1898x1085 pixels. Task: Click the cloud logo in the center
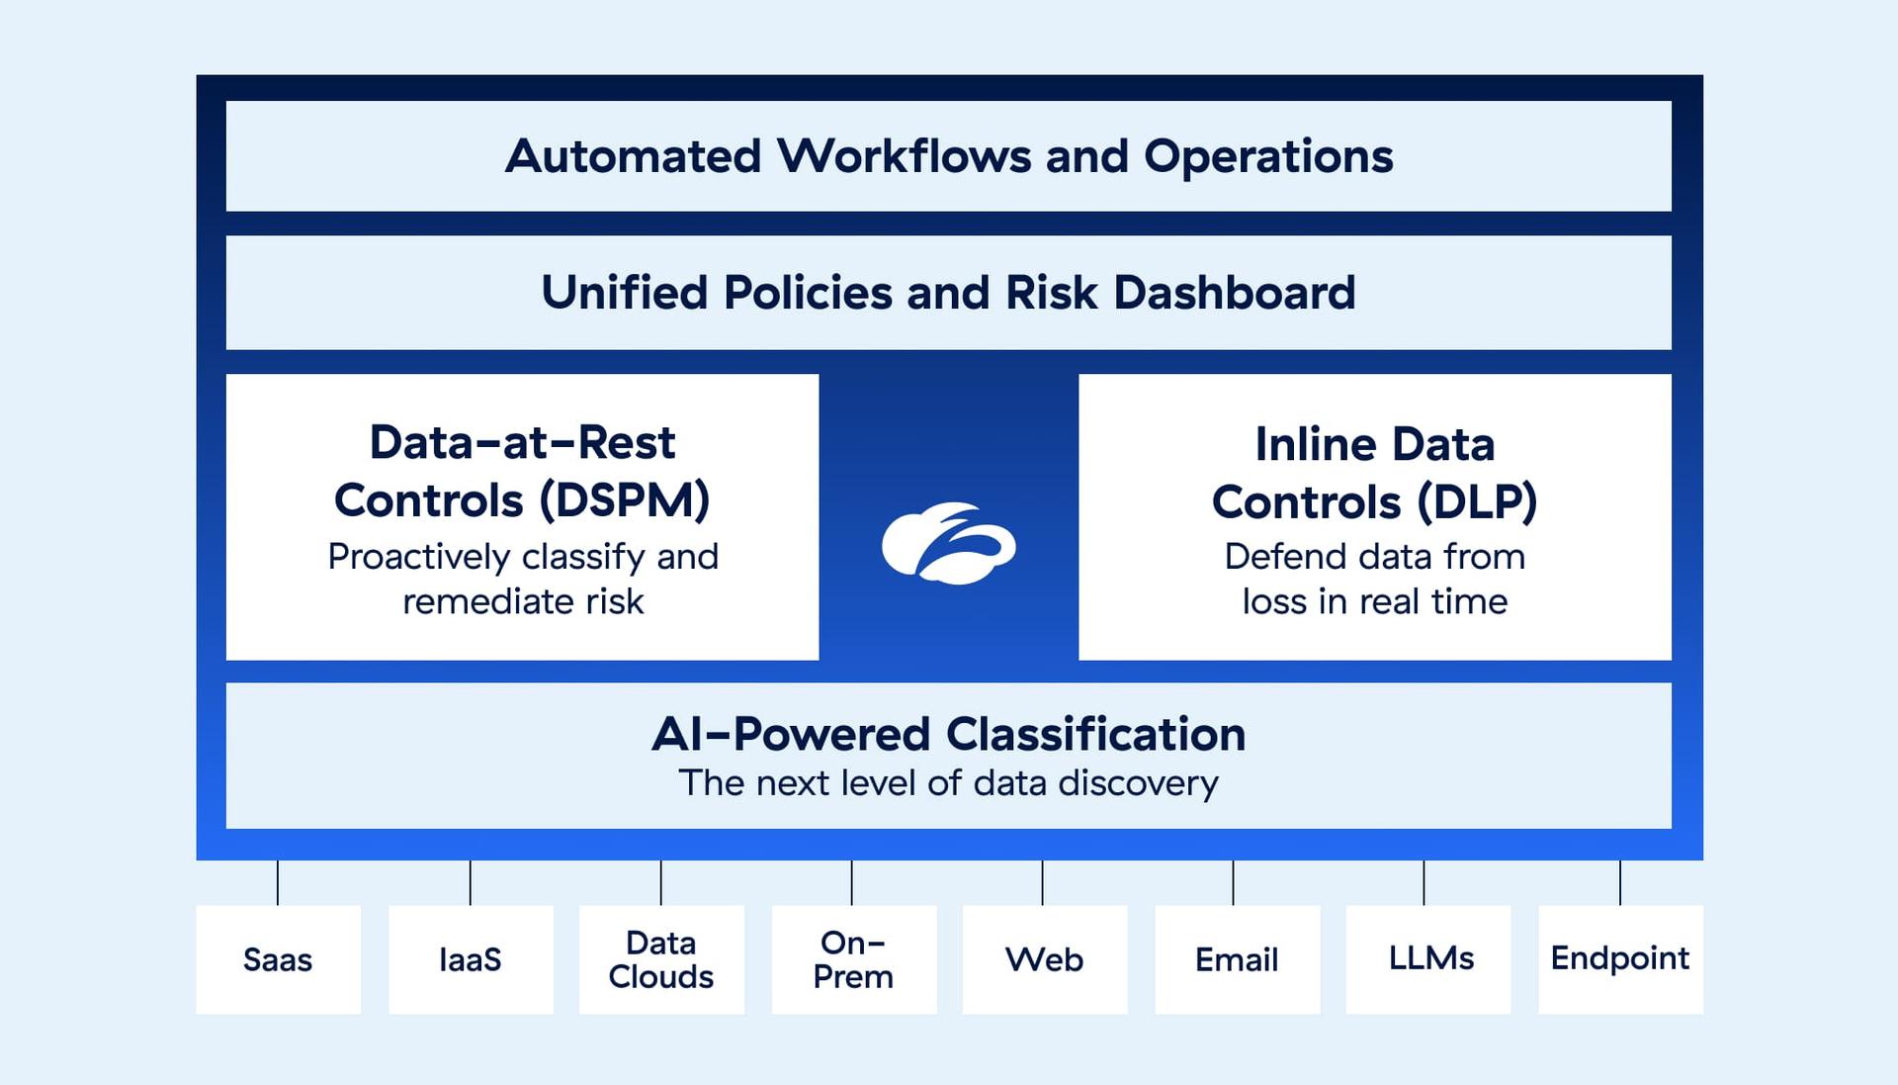point(948,544)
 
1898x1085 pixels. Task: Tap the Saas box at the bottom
point(278,958)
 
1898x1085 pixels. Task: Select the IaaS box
point(471,958)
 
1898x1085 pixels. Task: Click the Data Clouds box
point(661,958)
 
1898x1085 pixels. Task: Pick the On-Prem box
point(853,958)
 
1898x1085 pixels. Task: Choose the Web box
point(1044,958)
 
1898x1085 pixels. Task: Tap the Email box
point(1237,958)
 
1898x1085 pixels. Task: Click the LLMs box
point(1428,958)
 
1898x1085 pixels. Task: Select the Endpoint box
point(1620,958)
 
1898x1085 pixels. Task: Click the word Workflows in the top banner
point(903,156)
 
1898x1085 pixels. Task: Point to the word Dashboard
point(1234,293)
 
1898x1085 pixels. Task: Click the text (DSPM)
point(625,500)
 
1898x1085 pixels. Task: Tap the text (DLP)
point(1477,501)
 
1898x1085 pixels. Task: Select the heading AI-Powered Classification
point(948,735)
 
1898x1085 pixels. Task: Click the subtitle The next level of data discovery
point(948,783)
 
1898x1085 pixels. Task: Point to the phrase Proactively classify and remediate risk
point(523,579)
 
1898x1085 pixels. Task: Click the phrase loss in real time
point(1374,601)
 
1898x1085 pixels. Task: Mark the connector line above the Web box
point(1042,882)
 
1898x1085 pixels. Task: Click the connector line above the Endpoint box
point(1620,882)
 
